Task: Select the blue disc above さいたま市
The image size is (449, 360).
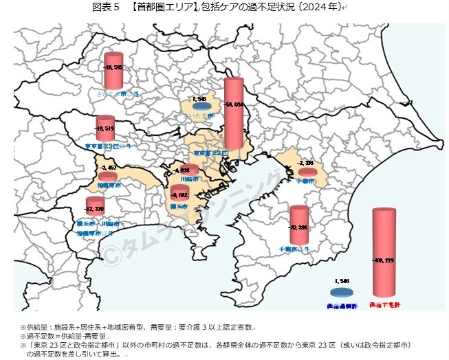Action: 201,106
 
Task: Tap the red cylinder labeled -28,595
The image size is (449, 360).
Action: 113,69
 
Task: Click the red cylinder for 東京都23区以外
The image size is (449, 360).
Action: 105,128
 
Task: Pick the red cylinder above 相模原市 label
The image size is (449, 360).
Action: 107,175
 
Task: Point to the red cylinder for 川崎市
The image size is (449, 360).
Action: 188,170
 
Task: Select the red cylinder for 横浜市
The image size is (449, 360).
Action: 179,194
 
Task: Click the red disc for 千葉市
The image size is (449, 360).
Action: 307,171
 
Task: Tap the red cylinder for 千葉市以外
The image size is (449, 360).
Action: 298,225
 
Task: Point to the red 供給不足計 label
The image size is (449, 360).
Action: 384,303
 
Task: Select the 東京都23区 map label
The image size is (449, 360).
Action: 209,153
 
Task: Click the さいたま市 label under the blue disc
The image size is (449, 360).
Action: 201,117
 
